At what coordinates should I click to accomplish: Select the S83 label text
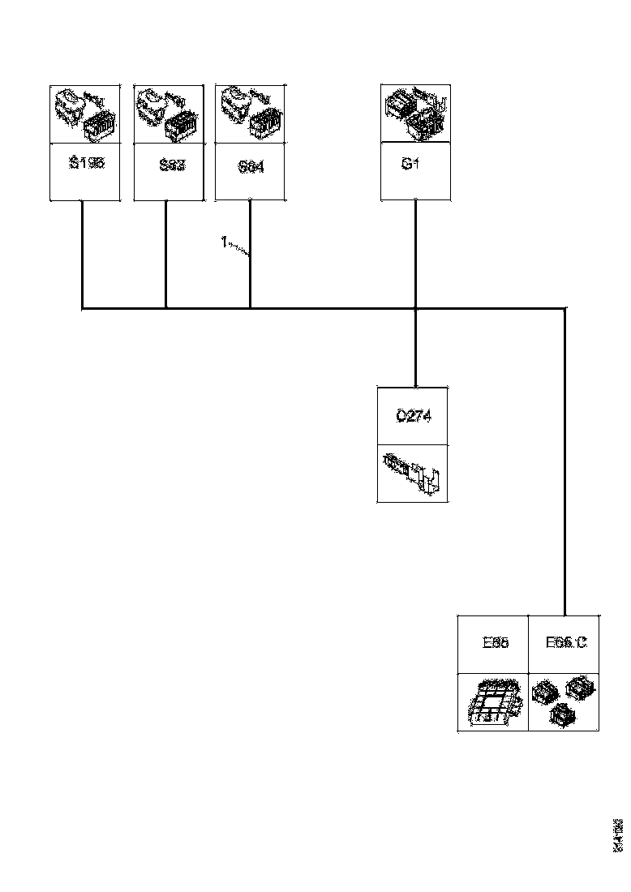pos(172,165)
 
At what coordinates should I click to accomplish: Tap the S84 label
pos(251,168)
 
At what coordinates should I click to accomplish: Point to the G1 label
pos(410,164)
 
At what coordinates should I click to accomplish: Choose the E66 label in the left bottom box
pos(495,643)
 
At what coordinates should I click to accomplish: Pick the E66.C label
pos(565,643)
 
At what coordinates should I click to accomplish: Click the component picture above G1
pos(415,114)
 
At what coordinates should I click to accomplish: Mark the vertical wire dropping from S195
pos(83,255)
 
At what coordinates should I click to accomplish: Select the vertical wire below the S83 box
pos(166,255)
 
